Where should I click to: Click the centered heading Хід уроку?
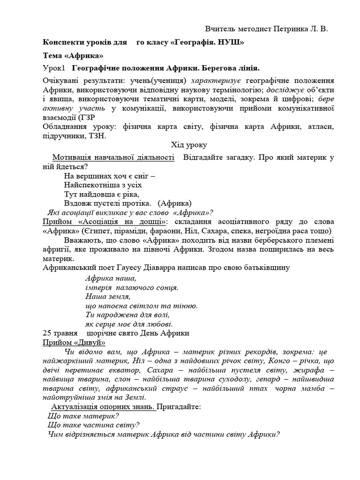[x=188, y=145]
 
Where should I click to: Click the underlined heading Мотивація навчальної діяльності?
[x=113, y=157]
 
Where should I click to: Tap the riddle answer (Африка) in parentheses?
[x=175, y=203]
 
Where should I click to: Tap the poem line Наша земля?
[x=108, y=296]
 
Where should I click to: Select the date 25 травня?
[x=60, y=333]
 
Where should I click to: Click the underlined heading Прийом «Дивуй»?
[x=74, y=342]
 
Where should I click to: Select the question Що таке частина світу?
[x=94, y=425]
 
